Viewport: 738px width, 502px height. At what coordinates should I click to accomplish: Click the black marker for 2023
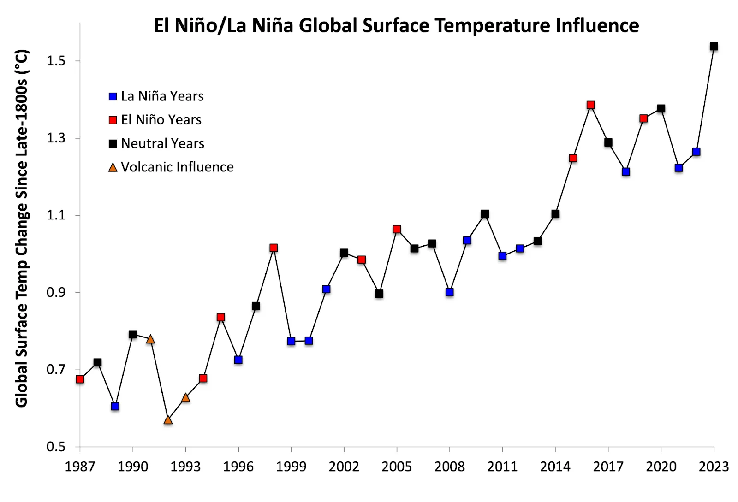pyautogui.click(x=714, y=47)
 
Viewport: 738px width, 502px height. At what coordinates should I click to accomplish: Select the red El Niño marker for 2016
pyautogui.click(x=590, y=105)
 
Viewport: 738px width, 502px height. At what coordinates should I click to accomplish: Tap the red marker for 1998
pyautogui.click(x=274, y=248)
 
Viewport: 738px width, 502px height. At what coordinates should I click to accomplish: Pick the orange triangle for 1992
pyautogui.click(x=168, y=420)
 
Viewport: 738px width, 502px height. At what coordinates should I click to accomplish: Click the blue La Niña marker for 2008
pyautogui.click(x=450, y=292)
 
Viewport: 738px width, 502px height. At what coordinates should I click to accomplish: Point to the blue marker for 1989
pyautogui.click(x=115, y=406)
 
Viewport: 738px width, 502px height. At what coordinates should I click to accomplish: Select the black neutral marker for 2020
pyautogui.click(x=661, y=109)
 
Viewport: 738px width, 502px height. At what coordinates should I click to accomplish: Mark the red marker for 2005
pyautogui.click(x=397, y=230)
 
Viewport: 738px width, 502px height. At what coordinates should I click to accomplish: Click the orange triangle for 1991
pyautogui.click(x=150, y=340)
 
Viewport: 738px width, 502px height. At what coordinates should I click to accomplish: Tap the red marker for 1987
pyautogui.click(x=80, y=379)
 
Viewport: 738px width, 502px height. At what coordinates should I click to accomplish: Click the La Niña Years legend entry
pyautogui.click(x=161, y=96)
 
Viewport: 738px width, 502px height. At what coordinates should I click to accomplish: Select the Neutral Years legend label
pyautogui.click(x=162, y=143)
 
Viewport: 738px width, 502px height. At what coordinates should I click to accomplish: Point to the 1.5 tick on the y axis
pyautogui.click(x=56, y=61)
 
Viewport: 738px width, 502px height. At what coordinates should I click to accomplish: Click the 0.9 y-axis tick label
pyautogui.click(x=56, y=293)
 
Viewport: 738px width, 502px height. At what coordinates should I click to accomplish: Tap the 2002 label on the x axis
pyautogui.click(x=344, y=467)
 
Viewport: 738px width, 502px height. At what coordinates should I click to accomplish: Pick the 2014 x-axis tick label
pyautogui.click(x=555, y=467)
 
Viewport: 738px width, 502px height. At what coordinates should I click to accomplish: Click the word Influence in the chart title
pyautogui.click(x=597, y=25)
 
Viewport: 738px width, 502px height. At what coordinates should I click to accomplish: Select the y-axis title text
pyautogui.click(x=22, y=228)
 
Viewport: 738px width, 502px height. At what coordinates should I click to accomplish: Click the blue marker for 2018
pyautogui.click(x=626, y=172)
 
